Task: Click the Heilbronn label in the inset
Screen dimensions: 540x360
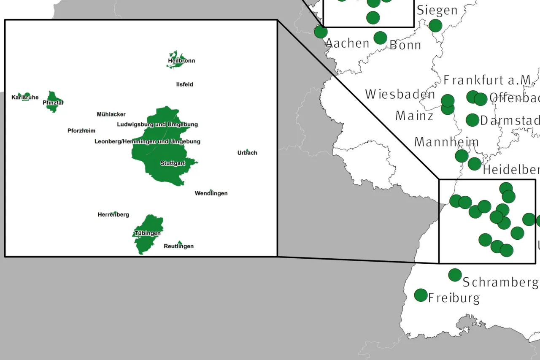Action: pos(181,61)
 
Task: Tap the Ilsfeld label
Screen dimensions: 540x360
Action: pos(184,84)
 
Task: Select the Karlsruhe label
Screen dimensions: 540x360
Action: pos(25,97)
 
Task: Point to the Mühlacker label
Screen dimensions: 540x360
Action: pos(111,114)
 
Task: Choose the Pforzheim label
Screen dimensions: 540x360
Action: pos(81,131)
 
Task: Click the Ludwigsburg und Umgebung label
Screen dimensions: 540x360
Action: pos(157,125)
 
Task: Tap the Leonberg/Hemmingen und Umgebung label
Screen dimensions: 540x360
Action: pos(147,141)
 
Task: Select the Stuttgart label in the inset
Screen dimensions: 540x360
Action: pos(173,163)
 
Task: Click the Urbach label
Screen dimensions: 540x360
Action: pos(247,153)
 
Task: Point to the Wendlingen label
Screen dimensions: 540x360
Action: pos(211,193)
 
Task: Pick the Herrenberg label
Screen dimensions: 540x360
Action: pos(113,215)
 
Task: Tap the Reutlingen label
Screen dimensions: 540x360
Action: pos(178,246)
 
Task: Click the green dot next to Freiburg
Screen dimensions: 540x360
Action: pos(421,295)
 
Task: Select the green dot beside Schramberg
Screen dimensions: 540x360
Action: pos(455,275)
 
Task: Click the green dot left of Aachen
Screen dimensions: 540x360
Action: pos(321,32)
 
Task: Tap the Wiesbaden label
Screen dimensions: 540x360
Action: pos(400,94)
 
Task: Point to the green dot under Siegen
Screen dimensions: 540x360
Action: pos(435,25)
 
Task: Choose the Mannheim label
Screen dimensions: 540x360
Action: pos(446,142)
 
